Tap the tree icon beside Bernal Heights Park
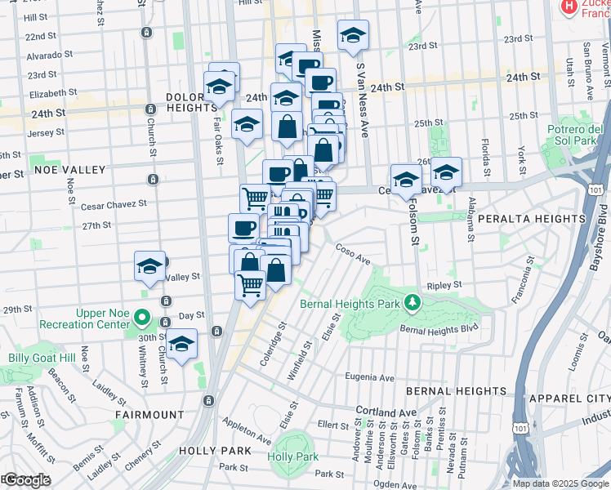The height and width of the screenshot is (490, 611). pos(414,303)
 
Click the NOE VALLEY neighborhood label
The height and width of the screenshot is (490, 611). pos(70,170)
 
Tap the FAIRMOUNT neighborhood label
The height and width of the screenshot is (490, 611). pos(149,415)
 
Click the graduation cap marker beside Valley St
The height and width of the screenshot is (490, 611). pos(149,266)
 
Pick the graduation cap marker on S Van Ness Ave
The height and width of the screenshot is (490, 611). pos(353,35)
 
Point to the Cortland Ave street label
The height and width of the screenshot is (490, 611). pos(385,412)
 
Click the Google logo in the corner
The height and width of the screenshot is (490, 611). pos(26,480)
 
